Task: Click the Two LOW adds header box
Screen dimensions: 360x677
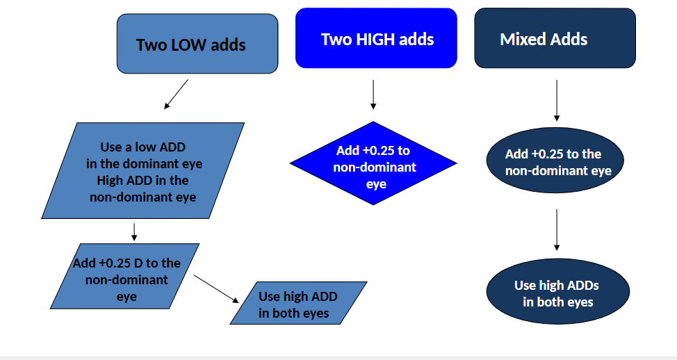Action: click(x=197, y=44)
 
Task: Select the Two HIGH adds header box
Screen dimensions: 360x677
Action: click(x=376, y=38)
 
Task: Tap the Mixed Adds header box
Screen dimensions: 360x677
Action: click(x=555, y=38)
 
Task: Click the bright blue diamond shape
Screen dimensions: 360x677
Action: click(x=373, y=164)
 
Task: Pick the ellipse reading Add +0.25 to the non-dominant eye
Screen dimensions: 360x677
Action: click(x=557, y=161)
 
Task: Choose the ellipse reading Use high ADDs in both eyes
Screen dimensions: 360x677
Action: click(x=557, y=291)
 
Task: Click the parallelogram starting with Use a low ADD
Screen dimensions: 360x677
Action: click(x=143, y=170)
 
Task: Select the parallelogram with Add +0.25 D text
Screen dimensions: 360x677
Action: click(x=125, y=276)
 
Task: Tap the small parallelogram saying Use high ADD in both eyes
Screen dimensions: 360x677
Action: click(x=298, y=303)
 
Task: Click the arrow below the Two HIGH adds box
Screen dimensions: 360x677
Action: click(x=373, y=95)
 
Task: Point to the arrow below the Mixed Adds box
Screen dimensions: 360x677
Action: click(x=557, y=100)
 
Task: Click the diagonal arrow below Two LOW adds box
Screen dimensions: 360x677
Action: click(x=177, y=94)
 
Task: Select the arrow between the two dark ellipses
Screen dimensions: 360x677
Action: click(x=557, y=229)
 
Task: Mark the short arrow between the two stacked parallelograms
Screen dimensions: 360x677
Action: click(x=134, y=231)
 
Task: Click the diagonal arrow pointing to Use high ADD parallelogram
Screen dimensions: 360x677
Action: click(x=216, y=288)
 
